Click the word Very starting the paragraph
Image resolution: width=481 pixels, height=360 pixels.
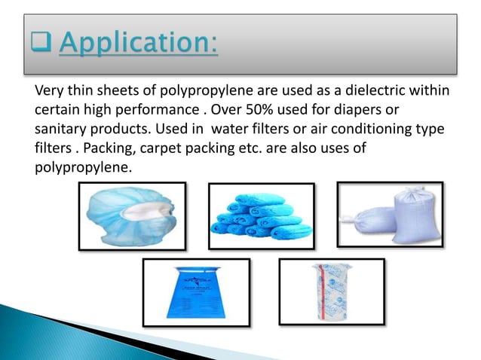coord(50,93)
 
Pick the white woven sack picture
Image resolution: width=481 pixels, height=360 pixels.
coord(400,214)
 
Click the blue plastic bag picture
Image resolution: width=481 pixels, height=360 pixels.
coord(196,292)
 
